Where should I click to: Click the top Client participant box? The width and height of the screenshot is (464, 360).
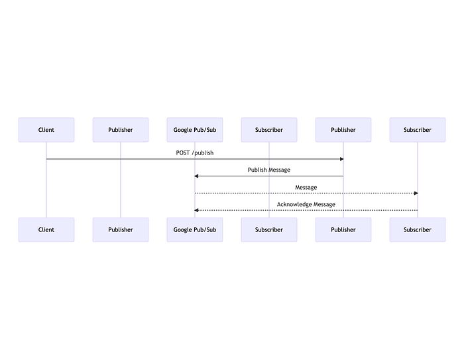coord(46,130)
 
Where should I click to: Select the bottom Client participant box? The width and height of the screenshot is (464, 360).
coord(46,229)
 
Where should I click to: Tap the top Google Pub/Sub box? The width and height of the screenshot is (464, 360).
coord(195,130)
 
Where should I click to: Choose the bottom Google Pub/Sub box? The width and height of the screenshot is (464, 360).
coord(195,229)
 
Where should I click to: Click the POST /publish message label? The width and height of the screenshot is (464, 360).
coord(195,153)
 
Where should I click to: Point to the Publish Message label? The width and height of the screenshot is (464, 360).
coord(269,170)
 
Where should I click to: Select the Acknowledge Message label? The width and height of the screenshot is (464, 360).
coord(306,205)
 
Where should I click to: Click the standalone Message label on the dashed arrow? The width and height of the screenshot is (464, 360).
coord(306,188)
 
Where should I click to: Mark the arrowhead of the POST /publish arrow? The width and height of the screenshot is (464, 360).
coord(341,159)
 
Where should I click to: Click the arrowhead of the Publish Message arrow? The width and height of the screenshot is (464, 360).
coord(197,176)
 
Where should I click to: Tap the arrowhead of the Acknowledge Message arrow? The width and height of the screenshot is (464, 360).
coord(197,210)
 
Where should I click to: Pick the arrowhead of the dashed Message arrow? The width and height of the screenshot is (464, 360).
coord(416,193)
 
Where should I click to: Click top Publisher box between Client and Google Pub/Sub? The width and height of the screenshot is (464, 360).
coord(121,130)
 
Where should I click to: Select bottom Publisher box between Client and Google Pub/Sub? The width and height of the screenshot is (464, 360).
coord(121,229)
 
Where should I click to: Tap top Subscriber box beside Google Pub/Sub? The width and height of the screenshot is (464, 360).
coord(269,130)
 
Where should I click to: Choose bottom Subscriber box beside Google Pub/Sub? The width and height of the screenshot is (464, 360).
coord(269,229)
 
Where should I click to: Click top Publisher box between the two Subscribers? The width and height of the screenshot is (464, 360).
coord(343,130)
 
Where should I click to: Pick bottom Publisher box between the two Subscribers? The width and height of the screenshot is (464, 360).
coord(343,229)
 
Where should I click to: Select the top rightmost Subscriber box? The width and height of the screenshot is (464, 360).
coord(418,130)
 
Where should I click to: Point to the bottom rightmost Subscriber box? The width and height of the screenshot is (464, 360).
coord(418,229)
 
